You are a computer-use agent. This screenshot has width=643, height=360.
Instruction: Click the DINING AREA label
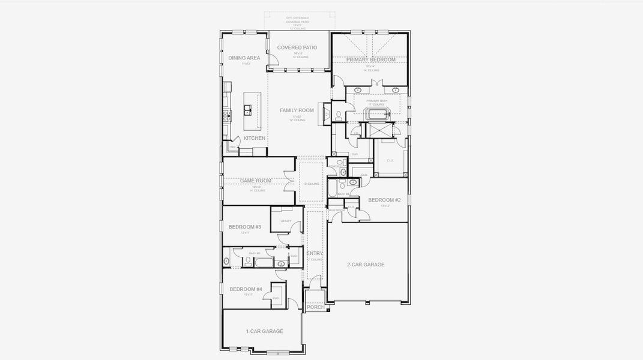(x=244, y=58)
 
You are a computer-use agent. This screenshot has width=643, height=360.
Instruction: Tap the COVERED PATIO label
(x=297, y=47)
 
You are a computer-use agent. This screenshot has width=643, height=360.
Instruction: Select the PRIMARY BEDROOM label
(x=370, y=59)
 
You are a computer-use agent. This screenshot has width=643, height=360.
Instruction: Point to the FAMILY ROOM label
(x=297, y=110)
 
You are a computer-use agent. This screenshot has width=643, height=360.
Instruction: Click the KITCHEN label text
(x=255, y=138)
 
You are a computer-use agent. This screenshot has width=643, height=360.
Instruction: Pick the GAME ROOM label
(x=256, y=181)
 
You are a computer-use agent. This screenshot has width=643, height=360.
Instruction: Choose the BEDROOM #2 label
(x=384, y=200)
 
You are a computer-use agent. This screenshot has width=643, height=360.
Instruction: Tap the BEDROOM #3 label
(x=244, y=227)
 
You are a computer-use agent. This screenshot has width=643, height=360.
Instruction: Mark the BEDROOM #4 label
(x=246, y=289)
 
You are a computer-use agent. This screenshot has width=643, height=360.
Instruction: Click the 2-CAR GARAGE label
(x=366, y=265)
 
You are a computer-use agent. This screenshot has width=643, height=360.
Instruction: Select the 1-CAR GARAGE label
(x=264, y=331)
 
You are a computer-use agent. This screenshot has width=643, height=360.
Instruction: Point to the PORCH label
(x=315, y=307)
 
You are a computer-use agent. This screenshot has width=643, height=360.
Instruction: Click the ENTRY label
(x=315, y=254)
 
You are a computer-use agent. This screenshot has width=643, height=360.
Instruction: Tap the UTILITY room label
(x=285, y=221)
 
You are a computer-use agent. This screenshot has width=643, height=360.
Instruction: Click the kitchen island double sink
(x=247, y=110)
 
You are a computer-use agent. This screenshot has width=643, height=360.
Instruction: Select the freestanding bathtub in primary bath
(x=377, y=113)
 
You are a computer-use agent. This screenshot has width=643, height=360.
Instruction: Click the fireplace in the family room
(x=326, y=113)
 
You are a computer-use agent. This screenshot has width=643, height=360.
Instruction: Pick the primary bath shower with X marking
(x=381, y=130)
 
